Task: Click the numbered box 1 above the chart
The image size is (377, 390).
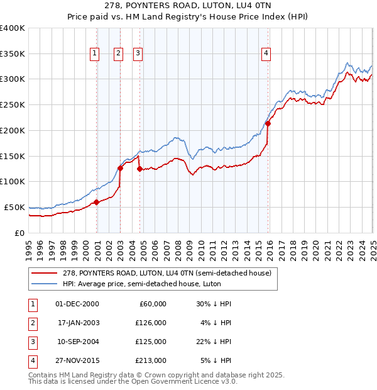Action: point(94,54)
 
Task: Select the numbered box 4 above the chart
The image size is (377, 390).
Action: point(266,54)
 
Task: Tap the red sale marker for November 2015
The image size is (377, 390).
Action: point(268,123)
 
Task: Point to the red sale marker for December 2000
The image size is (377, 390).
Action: point(97,202)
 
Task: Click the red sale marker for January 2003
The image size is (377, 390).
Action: point(120,168)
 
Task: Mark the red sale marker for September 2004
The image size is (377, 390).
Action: point(139,169)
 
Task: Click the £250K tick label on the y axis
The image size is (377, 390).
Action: point(13,104)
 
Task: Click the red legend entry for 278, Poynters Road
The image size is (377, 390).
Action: point(167,272)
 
